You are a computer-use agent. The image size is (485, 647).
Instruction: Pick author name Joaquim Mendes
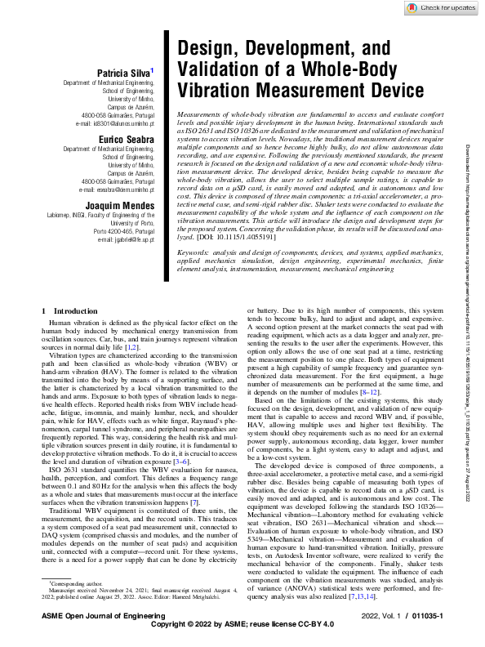(121, 205)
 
